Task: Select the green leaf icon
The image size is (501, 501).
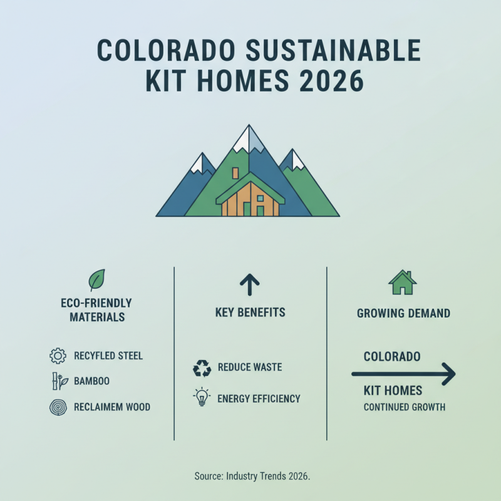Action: coord(96,279)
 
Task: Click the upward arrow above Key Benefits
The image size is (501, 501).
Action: coord(250,285)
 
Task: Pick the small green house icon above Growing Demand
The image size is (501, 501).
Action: coord(403,282)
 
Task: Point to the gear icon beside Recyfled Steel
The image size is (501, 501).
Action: coord(57,356)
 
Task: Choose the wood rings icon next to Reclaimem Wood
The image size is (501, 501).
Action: coord(57,406)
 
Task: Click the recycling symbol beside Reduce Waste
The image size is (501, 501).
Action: coord(202,368)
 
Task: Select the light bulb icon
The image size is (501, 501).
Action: coord(202,398)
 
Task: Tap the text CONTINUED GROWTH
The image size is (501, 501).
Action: coord(405,407)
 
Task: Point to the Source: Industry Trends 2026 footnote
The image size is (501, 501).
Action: coord(252,476)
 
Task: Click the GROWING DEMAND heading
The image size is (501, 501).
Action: coord(403,313)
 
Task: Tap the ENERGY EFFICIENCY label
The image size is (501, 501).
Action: coord(259,398)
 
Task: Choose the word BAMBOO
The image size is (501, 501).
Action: coord(92,381)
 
